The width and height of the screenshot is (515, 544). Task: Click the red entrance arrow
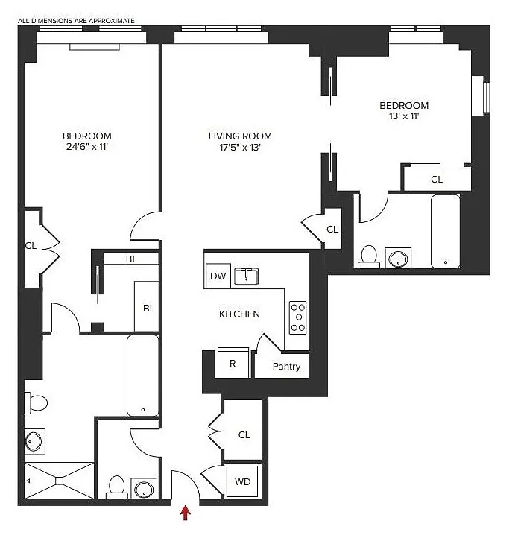click(186, 513)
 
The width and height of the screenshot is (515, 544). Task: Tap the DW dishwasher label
click(218, 276)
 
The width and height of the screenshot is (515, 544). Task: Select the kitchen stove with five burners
click(298, 317)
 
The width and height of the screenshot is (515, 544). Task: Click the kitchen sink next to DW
click(247, 276)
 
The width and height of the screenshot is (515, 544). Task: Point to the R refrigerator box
click(233, 363)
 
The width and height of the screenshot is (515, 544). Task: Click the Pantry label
click(286, 367)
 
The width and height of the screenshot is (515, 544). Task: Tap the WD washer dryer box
click(242, 481)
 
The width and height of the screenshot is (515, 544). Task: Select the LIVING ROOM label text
click(240, 136)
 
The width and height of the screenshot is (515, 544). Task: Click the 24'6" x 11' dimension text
click(87, 146)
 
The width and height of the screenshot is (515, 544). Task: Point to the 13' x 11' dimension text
click(404, 116)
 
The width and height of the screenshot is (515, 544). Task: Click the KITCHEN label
click(239, 314)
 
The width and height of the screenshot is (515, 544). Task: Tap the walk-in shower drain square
click(60, 481)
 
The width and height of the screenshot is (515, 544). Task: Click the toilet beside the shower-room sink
click(36, 403)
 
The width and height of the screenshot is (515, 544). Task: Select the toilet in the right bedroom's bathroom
click(369, 257)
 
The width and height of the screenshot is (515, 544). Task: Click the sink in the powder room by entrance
click(143, 489)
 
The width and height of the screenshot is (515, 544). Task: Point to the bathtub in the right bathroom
click(446, 232)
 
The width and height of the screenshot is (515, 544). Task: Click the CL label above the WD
click(244, 435)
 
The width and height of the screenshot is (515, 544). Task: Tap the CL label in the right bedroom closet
click(437, 180)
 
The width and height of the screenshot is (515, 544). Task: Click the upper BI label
click(130, 259)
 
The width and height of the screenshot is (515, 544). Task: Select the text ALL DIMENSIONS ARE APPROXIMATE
click(76, 21)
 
